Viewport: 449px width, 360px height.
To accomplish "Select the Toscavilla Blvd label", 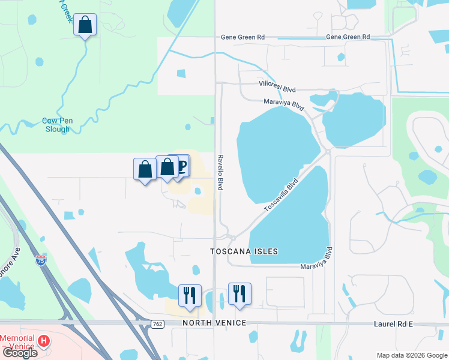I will click(x=281, y=194).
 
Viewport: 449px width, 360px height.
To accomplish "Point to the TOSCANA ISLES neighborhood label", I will click(x=244, y=251).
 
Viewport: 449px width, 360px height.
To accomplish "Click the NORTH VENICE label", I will click(x=214, y=323).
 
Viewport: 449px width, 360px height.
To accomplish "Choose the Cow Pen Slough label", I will click(x=58, y=125).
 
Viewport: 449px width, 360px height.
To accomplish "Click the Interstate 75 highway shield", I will click(x=41, y=260).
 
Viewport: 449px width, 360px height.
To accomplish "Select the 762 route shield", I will click(x=157, y=324).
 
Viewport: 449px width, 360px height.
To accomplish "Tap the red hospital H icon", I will click(x=43, y=341).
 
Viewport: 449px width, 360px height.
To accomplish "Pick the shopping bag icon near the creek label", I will click(x=85, y=25).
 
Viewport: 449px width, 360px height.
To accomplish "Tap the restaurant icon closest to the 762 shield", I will click(x=190, y=294).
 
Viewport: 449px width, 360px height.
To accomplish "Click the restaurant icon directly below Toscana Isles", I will click(x=240, y=293).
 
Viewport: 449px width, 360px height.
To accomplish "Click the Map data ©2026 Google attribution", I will click(x=411, y=355).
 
